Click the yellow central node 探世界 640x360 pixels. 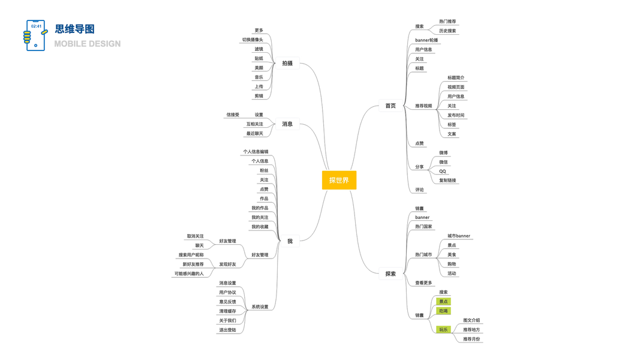tap(339, 180)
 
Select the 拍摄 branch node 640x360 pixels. tap(287, 63)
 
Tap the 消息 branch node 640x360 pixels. tap(287, 124)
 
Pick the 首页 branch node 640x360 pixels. tap(390, 106)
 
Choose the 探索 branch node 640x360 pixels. tap(390, 274)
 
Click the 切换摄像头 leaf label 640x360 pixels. tap(253, 40)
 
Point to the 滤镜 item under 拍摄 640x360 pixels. tap(259, 49)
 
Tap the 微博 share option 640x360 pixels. tap(443, 153)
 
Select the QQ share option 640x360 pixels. tap(443, 172)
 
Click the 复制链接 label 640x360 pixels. tap(447, 181)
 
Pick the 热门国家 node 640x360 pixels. tap(423, 227)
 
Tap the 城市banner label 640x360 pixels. tap(459, 236)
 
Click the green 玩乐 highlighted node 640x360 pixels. tap(443, 329)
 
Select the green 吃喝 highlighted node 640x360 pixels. tap(443, 311)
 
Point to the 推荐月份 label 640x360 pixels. tap(471, 339)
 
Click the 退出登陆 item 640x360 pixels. tap(227, 330)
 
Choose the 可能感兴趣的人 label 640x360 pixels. tap(189, 274)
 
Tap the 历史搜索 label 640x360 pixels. tap(447, 31)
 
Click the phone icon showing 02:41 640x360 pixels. tap(35, 35)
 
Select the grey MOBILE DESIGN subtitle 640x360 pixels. tap(88, 44)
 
